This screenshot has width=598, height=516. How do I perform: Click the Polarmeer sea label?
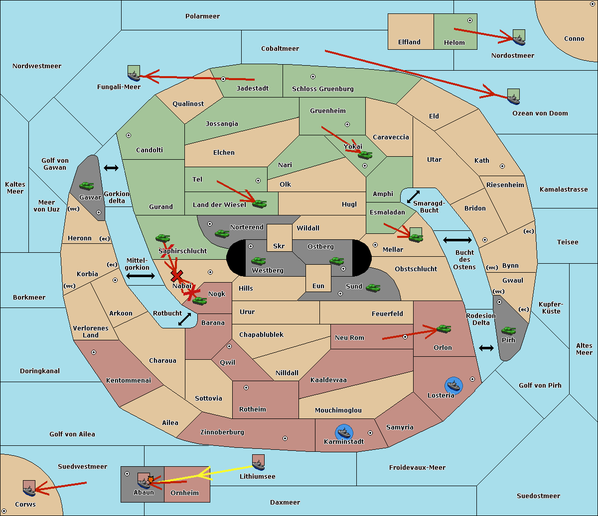tap(202, 16)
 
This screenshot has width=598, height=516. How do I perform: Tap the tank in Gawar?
tap(87, 186)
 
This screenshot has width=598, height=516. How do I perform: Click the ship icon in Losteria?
tap(453, 385)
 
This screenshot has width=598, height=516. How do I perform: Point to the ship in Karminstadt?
tap(344, 432)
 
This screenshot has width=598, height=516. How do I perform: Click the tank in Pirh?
tap(509, 331)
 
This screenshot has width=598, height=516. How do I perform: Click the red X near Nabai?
tap(176, 276)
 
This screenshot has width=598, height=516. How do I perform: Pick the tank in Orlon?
tap(443, 329)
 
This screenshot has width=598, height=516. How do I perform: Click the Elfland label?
tap(409, 42)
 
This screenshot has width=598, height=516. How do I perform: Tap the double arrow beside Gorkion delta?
tap(111, 168)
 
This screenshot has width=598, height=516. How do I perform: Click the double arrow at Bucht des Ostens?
tap(457, 240)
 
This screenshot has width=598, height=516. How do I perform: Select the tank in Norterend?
tap(222, 233)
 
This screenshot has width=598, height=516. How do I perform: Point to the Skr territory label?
tap(279, 246)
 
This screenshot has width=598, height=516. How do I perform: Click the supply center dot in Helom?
tap(469, 20)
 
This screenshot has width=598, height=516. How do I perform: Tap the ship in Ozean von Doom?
tap(513, 97)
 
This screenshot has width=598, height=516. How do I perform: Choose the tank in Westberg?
tap(258, 261)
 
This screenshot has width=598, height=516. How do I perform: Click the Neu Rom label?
tap(349, 338)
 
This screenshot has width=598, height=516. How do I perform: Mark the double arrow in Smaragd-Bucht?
tap(414, 197)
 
